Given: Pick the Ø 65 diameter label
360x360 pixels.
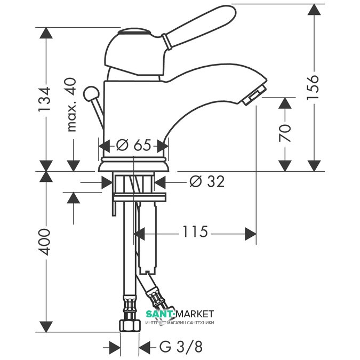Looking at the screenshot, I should click(133, 145).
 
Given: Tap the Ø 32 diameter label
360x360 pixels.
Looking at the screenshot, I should click(207, 182).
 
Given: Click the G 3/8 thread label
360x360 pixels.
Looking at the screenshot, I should click(181, 347).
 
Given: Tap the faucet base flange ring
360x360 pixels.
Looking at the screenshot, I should click(133, 162).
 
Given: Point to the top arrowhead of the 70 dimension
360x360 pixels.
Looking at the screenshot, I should click(286, 104).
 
